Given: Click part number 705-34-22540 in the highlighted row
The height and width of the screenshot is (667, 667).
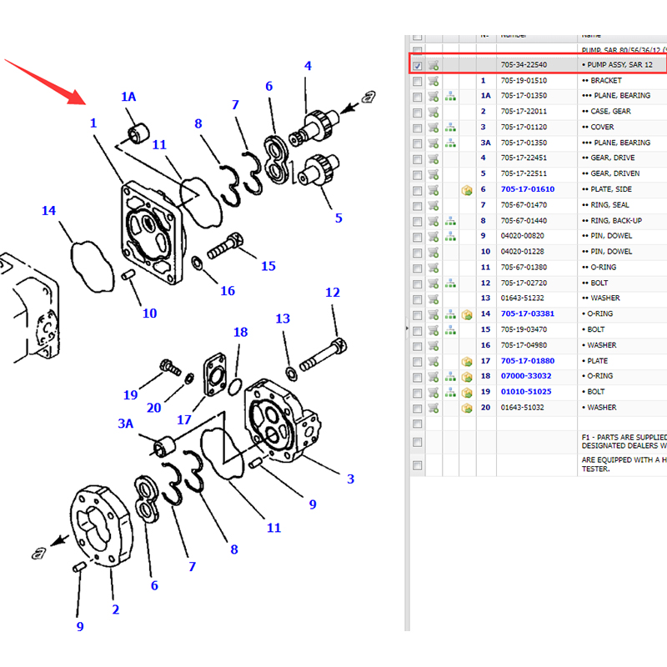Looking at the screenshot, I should click(524, 65).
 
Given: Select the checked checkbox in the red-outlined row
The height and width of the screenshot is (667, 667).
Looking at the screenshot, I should click(417, 65).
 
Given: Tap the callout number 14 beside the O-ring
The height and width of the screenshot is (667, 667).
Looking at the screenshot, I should click(49, 211).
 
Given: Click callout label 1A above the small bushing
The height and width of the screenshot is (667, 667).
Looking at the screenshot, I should click(128, 97).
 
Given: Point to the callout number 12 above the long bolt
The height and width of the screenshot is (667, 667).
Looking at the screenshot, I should click(333, 293).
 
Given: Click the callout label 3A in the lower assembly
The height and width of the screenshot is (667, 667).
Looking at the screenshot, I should click(125, 424).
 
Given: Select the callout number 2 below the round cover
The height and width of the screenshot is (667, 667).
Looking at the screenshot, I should click(115, 609).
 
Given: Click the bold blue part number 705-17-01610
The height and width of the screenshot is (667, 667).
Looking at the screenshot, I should click(527, 189).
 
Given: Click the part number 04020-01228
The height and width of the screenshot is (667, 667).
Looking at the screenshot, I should click(523, 252).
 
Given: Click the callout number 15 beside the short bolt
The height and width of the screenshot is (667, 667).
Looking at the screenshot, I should click(268, 266).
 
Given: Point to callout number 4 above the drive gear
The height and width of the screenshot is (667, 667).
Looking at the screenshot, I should click(308, 66).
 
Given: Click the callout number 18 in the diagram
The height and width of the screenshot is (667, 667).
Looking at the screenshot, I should click(240, 333).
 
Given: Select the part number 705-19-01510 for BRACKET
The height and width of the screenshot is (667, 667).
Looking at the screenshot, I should click(523, 81).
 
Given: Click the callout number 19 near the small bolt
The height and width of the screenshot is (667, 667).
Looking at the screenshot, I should click(131, 394).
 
